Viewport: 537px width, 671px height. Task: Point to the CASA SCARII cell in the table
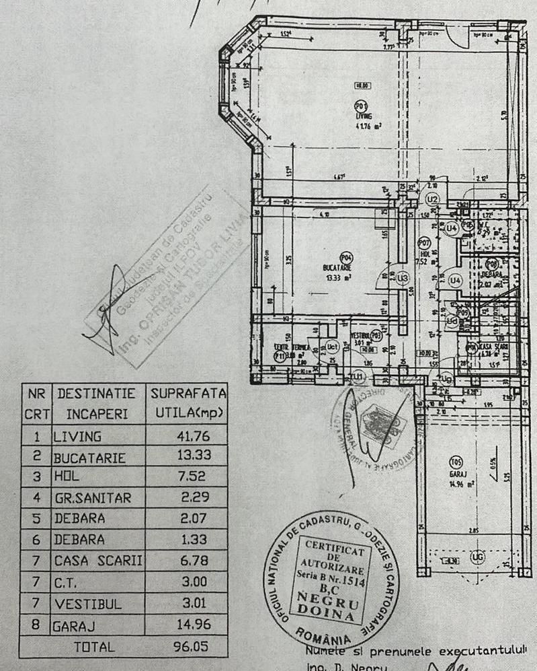[98, 560]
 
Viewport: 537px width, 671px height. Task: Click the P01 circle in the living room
[362, 106]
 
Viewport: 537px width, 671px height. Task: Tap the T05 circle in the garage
[456, 462]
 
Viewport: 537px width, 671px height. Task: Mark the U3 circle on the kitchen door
[403, 277]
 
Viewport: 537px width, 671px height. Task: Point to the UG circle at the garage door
[478, 557]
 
